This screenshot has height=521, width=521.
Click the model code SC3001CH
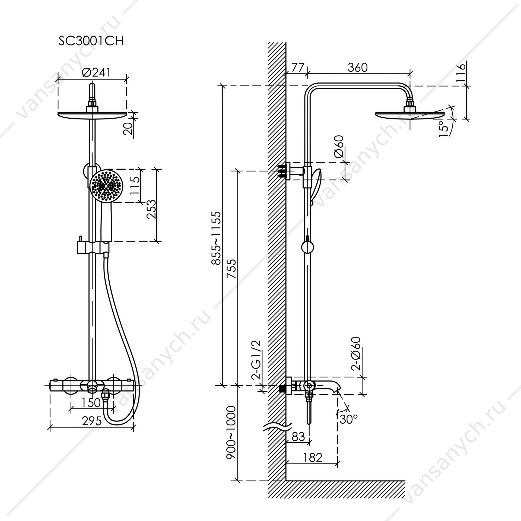(91, 41)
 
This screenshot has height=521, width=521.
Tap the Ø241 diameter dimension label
(96, 72)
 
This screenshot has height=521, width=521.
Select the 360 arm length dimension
(358, 68)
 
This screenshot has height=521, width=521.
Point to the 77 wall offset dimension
(298, 68)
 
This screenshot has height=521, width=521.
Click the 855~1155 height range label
(217, 238)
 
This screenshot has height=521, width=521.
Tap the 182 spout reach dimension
(313, 458)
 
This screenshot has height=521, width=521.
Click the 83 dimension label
(298, 437)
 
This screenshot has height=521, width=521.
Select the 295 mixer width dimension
(92, 421)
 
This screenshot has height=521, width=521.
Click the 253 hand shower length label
(151, 209)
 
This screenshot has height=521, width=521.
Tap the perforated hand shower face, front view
(106, 186)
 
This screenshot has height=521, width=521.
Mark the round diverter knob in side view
(307, 248)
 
